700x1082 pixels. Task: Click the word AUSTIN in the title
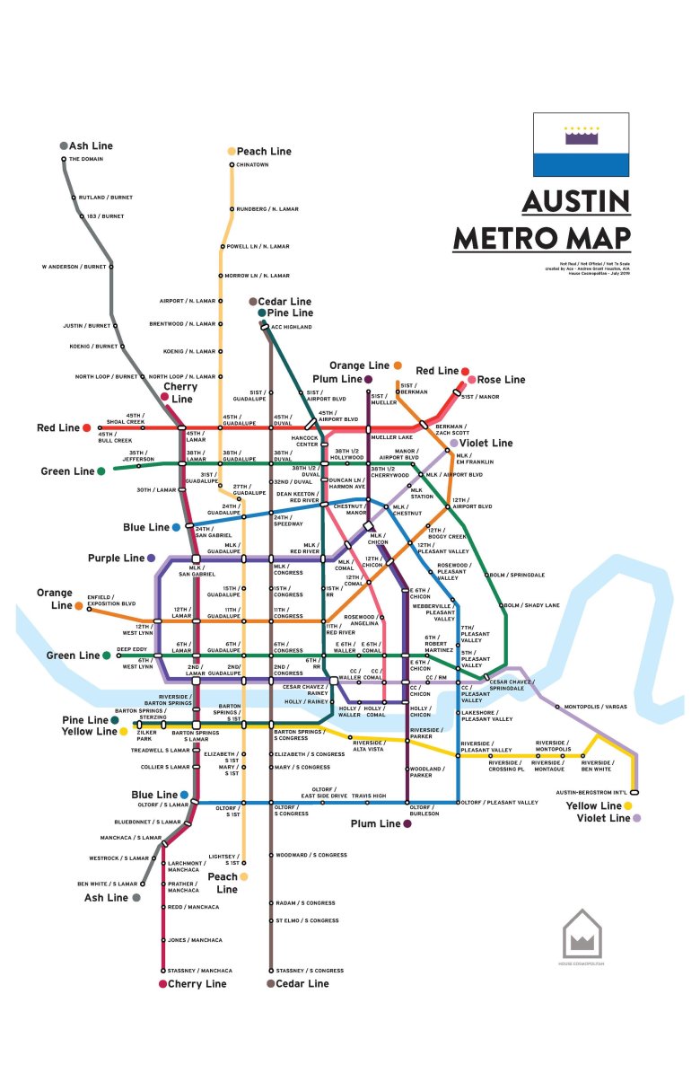(576, 201)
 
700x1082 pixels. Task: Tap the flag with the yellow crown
(582, 145)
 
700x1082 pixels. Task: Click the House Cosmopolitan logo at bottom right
(582, 936)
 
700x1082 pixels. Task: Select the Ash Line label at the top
(91, 145)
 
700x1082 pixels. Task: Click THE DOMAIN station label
(86, 159)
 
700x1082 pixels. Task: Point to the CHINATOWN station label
(254, 165)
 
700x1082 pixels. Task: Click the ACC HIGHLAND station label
(292, 327)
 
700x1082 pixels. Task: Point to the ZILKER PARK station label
(144, 735)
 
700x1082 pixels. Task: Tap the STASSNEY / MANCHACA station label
(199, 971)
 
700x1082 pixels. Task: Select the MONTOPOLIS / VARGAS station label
(596, 707)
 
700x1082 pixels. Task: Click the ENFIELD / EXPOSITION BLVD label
(111, 600)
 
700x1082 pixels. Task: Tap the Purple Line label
(116, 558)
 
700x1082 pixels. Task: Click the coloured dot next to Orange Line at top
(397, 366)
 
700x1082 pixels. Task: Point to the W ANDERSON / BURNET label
(74, 267)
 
